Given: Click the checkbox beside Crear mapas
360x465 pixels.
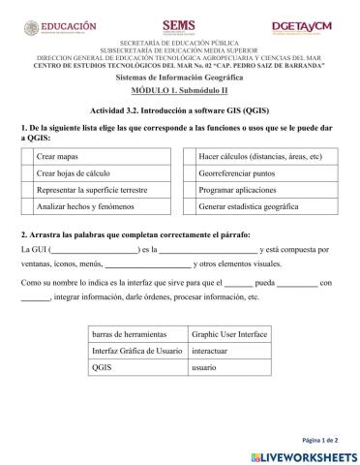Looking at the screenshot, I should pyautogui.click(x=27, y=156).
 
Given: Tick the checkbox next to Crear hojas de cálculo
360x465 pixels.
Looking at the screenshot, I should pyautogui.click(x=27, y=173).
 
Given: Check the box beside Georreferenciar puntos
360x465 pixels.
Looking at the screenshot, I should pyautogui.click(x=190, y=173).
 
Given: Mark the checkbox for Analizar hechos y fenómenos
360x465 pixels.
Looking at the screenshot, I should pyautogui.click(x=27, y=207).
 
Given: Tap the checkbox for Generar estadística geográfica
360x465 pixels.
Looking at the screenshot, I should pyautogui.click(x=190, y=207).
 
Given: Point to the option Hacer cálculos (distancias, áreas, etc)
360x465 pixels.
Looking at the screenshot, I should pyautogui.click(x=258, y=156).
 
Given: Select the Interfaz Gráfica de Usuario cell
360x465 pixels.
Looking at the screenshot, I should pyautogui.click(x=136, y=351).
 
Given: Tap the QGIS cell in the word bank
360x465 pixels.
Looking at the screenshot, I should pyautogui.click(x=103, y=369).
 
